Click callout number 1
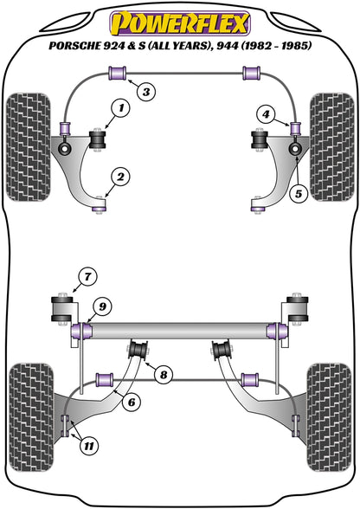120,107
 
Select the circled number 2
120,178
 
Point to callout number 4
266,113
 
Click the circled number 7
86,278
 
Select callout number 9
101,305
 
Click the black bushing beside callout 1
98,138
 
